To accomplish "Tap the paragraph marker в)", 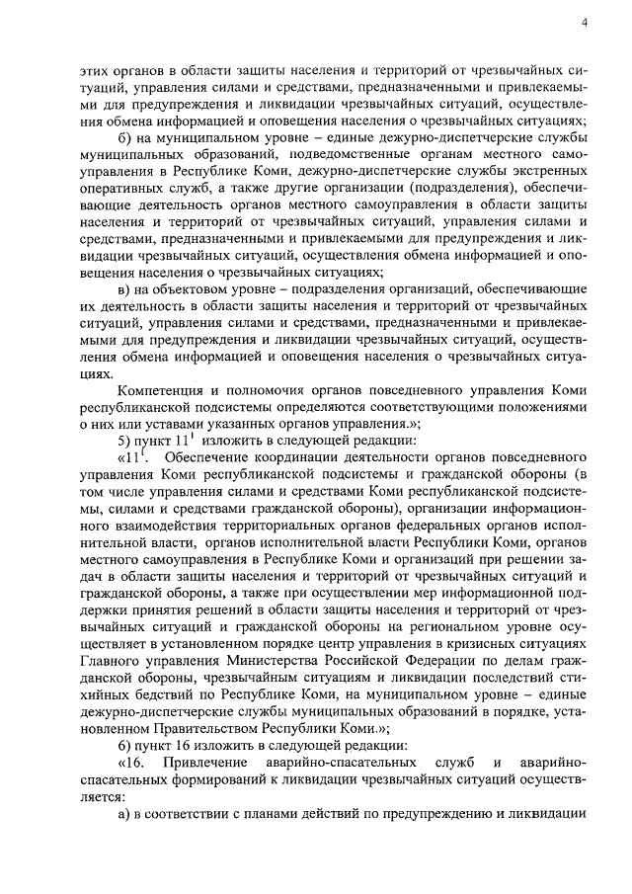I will (123, 287).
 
